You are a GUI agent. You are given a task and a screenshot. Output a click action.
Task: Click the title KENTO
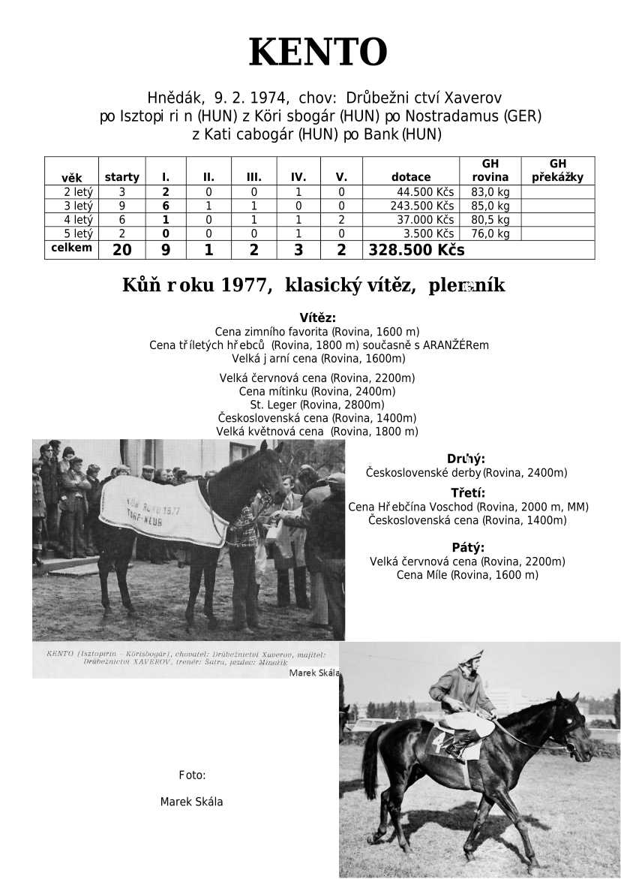pyautogui.click(x=317, y=53)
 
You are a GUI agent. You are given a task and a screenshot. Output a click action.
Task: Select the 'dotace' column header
pyautogui.click(x=411, y=177)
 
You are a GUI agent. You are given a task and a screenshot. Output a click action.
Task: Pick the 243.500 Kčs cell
pyautogui.click(x=422, y=206)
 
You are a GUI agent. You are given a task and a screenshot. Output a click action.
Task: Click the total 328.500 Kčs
pyautogui.click(x=416, y=250)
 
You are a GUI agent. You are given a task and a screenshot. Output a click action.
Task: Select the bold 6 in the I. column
pyautogui.click(x=166, y=206)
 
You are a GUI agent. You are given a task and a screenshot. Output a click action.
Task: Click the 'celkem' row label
pyautogui.click(x=71, y=248)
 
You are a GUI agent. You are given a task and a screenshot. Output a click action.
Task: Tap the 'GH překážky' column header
pyautogui.click(x=557, y=171)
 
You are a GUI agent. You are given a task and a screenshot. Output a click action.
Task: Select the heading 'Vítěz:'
pyautogui.click(x=317, y=318)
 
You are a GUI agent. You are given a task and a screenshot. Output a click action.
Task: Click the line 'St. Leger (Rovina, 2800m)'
pyautogui.click(x=317, y=405)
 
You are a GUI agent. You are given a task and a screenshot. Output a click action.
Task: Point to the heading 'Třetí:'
pyautogui.click(x=467, y=493)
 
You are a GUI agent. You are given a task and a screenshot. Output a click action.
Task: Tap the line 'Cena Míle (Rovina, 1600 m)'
pyautogui.click(x=467, y=575)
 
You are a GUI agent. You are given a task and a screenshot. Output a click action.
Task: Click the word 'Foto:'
pyautogui.click(x=192, y=775)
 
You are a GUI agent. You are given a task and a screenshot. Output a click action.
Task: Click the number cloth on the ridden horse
pyautogui.click(x=442, y=743)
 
